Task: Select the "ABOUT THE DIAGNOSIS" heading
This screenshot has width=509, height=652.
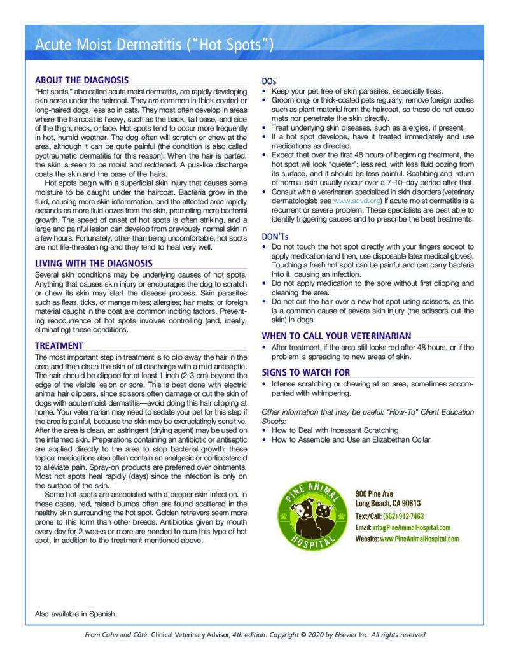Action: pyautogui.click(x=82, y=80)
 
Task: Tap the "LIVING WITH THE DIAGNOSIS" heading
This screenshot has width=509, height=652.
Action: pyautogui.click(x=94, y=263)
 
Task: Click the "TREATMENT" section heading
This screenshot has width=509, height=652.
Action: pyautogui.click(x=59, y=346)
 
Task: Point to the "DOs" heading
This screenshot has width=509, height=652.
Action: pyautogui.click(x=269, y=81)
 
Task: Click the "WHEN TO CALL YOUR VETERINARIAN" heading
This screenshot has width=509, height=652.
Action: pyautogui.click(x=337, y=336)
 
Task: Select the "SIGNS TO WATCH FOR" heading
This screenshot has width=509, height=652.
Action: pyautogui.click(x=306, y=372)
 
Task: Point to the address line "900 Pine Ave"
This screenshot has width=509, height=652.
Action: pyautogui.click(x=374, y=493)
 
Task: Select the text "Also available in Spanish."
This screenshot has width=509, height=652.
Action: pyautogui.click(x=76, y=614)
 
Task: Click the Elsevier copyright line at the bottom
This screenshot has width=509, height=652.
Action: pyautogui.click(x=256, y=635)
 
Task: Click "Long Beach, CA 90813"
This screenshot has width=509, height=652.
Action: pyautogui.click(x=388, y=504)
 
